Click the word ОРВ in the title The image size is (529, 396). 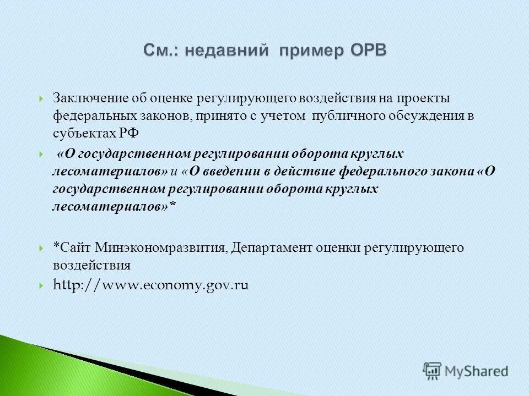point(368,50)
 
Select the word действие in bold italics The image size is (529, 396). point(306,171)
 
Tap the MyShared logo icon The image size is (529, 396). point(433,371)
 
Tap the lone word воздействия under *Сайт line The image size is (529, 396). point(92,265)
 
